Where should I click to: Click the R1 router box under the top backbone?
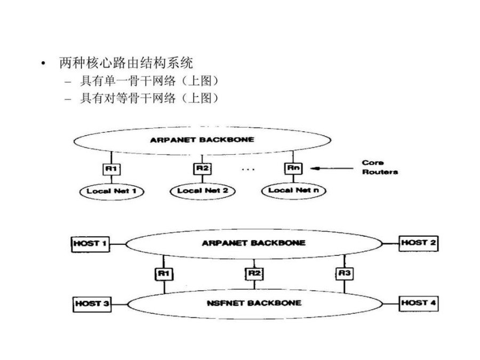click(x=111, y=169)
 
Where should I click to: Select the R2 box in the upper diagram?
click(x=202, y=169)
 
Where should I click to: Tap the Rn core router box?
click(x=293, y=168)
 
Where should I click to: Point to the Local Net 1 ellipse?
click(x=112, y=191)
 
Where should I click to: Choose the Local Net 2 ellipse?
click(x=203, y=191)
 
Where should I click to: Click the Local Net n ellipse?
click(x=293, y=190)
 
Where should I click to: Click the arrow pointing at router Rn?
click(x=332, y=168)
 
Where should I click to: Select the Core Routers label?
click(x=380, y=167)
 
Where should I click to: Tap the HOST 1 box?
click(x=90, y=244)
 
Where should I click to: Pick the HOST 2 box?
click(x=419, y=243)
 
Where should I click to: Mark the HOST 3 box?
click(x=92, y=304)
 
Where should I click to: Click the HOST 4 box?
click(x=419, y=303)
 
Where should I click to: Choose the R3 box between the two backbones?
click(x=345, y=273)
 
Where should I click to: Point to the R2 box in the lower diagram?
click(x=254, y=274)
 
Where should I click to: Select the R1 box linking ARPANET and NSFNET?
click(x=164, y=274)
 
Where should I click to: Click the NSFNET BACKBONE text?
click(x=254, y=303)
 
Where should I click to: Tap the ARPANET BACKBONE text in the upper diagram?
click(x=202, y=140)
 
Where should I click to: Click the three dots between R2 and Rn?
click(x=248, y=169)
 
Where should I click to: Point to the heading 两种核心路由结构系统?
click(x=126, y=63)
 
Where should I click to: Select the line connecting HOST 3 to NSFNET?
click(x=119, y=305)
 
